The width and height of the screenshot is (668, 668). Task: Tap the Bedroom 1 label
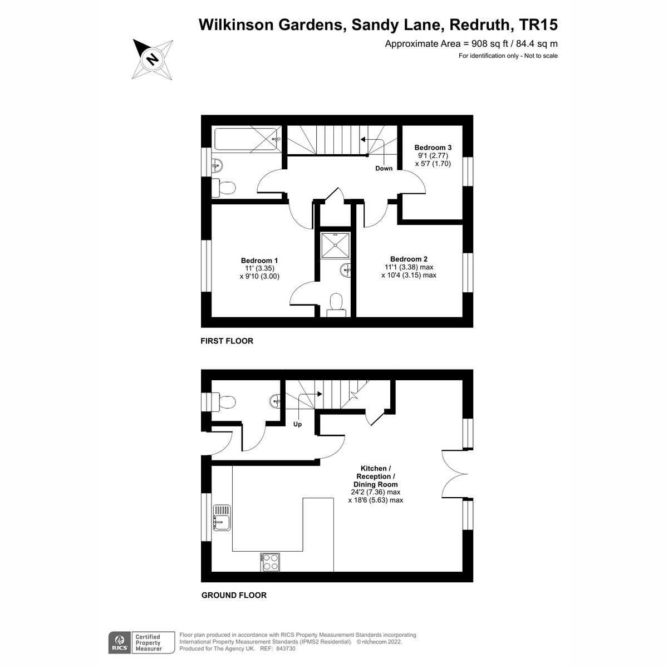[259, 261]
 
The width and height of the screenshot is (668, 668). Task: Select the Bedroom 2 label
[409, 259]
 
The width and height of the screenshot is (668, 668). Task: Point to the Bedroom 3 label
[433, 148]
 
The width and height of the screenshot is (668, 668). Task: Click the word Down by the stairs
[384, 168]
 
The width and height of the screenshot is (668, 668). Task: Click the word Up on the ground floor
[297, 424]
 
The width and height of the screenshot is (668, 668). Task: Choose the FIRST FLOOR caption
[227, 341]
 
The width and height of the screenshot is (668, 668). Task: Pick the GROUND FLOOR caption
[234, 595]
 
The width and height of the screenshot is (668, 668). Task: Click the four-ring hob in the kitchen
[270, 562]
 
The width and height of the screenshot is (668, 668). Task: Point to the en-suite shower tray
[335, 245]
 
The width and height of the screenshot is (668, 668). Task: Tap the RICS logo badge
[119, 642]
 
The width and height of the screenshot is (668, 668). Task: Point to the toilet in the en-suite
[336, 304]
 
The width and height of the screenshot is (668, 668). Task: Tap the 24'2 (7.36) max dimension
[375, 492]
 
